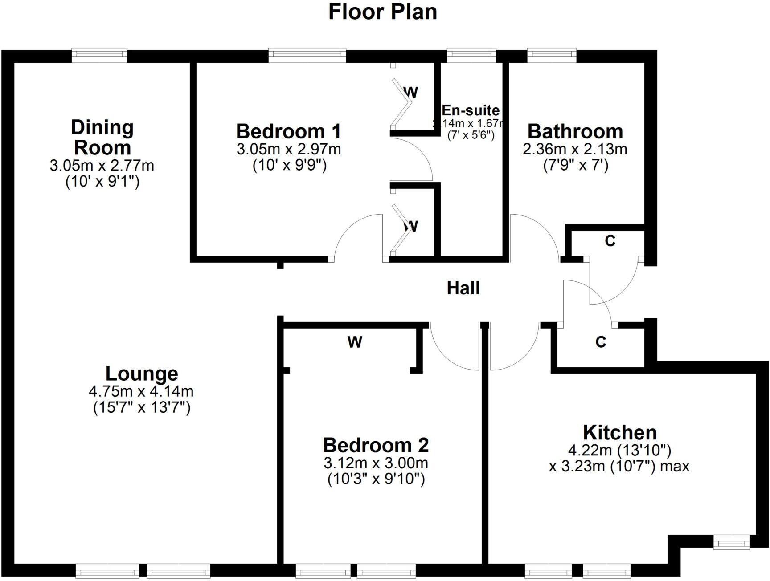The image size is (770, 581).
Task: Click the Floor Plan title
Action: pyautogui.click(x=382, y=12)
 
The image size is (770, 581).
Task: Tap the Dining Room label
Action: pyautogui.click(x=102, y=137)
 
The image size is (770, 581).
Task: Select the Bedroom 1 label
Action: pyautogui.click(x=288, y=131)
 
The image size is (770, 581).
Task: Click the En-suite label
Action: pyautogui.click(x=471, y=110)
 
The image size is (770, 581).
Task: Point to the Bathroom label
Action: pyautogui.click(x=575, y=131)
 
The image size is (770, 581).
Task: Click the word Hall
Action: pyautogui.click(x=463, y=288)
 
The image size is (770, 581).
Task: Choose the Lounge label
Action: pyautogui.click(x=142, y=374)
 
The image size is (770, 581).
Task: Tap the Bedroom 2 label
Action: pyautogui.click(x=376, y=445)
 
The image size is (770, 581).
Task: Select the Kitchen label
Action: pyautogui.click(x=619, y=432)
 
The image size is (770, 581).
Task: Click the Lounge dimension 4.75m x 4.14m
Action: pyautogui.click(x=141, y=391)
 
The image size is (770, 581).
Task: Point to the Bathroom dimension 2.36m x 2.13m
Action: pyautogui.click(x=575, y=149)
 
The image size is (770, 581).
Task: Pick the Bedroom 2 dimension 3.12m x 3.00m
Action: pyautogui.click(x=376, y=463)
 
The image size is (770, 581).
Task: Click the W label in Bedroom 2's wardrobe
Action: pyautogui.click(x=355, y=342)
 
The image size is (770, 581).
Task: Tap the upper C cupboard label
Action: pyautogui.click(x=610, y=241)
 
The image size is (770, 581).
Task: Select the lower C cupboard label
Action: pyautogui.click(x=600, y=342)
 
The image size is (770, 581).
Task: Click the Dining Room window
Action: pyautogui.click(x=99, y=54)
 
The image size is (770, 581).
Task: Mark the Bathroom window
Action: pyautogui.click(x=552, y=54)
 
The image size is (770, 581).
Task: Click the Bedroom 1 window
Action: pyautogui.click(x=307, y=54)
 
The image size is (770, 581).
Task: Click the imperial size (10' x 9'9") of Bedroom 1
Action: pyautogui.click(x=289, y=166)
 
